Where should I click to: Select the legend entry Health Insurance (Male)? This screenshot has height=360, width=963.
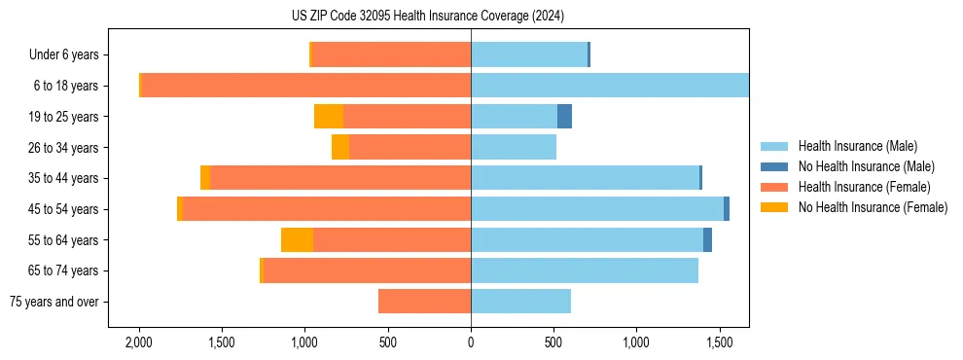pos(857,146)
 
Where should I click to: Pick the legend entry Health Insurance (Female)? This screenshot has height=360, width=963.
pos(865,187)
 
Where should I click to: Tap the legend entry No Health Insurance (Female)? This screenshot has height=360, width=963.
pos(873,207)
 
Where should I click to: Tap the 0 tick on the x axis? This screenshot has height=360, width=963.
pos(471,343)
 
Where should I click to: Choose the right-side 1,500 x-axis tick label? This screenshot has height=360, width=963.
pos(720,343)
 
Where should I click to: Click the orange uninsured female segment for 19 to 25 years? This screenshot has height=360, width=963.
pos(329,117)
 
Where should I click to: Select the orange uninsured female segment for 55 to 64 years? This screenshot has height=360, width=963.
pos(297,240)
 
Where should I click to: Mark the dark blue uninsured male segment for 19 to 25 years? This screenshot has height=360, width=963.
pos(564,117)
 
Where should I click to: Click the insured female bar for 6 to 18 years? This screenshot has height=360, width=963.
pos(306,86)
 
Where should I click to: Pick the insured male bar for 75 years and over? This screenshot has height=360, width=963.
pos(520,302)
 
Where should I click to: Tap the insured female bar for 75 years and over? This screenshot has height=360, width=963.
pos(424,302)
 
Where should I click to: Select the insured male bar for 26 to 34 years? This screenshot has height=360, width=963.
pos(514,148)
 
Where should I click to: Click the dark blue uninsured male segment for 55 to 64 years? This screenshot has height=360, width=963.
pos(707,240)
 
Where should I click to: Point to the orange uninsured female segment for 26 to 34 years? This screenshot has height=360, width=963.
pos(340,148)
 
